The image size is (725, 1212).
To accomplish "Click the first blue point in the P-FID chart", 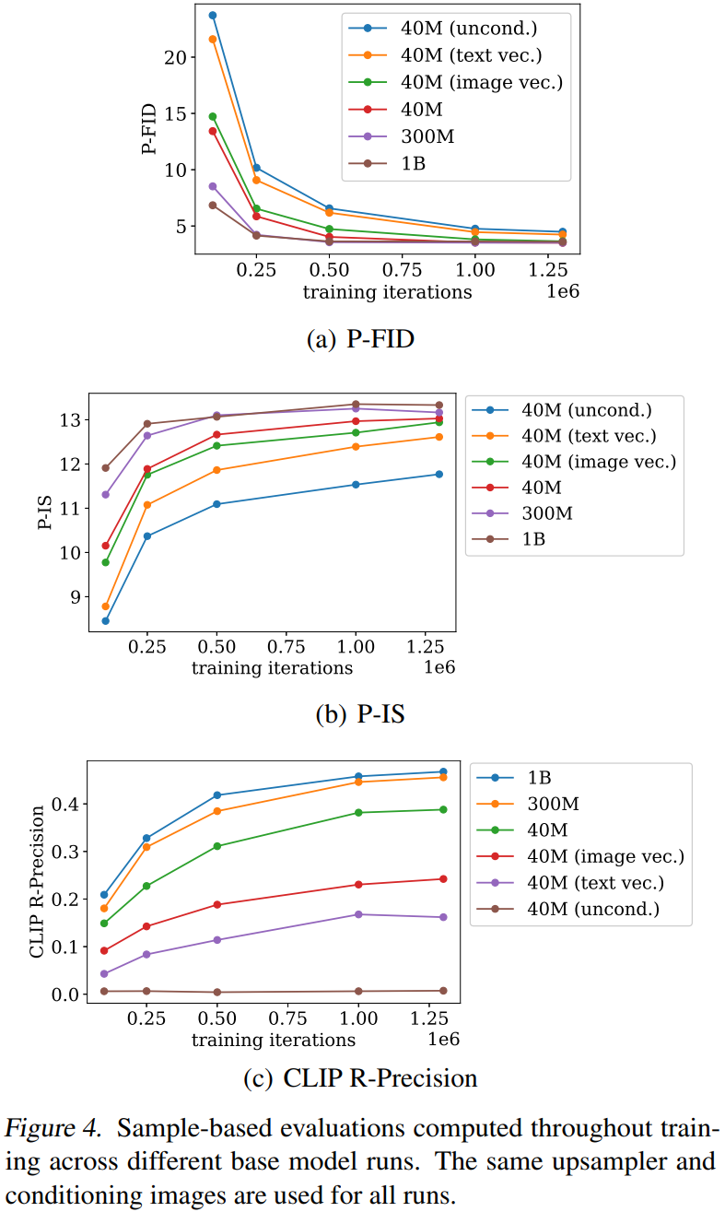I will pyautogui.click(x=213, y=16).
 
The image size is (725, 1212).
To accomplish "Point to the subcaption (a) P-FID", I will pyautogui.click(x=360, y=339).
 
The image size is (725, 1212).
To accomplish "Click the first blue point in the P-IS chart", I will pyautogui.click(x=106, y=620).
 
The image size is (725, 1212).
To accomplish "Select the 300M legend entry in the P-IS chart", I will pyautogui.click(x=547, y=513).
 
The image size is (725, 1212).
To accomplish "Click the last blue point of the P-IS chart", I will pyautogui.click(x=439, y=475).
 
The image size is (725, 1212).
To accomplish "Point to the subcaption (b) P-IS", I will pyautogui.click(x=360, y=714).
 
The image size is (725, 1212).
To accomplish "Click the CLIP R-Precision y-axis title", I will pyautogui.click(x=38, y=882).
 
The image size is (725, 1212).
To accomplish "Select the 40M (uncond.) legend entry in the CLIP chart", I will pyautogui.click(x=593, y=910).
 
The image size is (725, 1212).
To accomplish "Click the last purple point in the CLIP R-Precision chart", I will pyautogui.click(x=443, y=917).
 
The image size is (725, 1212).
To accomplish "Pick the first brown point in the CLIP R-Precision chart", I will pyautogui.click(x=104, y=991).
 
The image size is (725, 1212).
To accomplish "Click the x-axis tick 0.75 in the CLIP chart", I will pyautogui.click(x=287, y=1019).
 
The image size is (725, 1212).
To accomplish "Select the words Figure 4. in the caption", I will pyautogui.click(x=56, y=1128).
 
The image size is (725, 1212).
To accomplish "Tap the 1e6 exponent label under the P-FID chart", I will pyautogui.click(x=562, y=292).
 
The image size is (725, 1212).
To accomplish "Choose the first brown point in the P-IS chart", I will pyautogui.click(x=106, y=468).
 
